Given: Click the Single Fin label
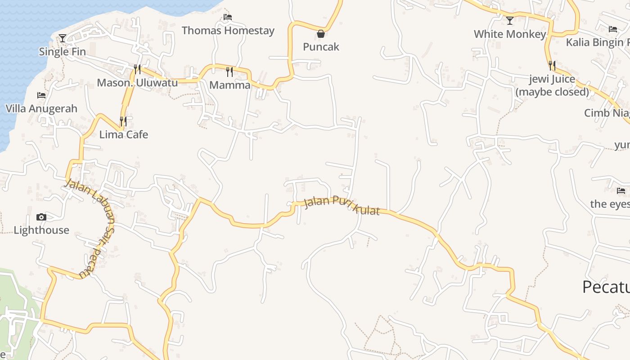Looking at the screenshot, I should coord(62,52).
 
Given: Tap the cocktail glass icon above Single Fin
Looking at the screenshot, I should coord(63,38).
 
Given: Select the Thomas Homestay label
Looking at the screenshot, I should coord(228,31).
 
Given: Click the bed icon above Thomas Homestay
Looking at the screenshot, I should coord(228,17).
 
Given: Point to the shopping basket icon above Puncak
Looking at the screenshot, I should coord(321,34).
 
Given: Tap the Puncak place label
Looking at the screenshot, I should coord(321,47).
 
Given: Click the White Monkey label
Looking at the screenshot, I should coord(510,34).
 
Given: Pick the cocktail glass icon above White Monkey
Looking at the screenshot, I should coord(510,21).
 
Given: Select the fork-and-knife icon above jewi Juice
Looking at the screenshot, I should coord(552,66).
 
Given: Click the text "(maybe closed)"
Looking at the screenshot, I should coord(552,92).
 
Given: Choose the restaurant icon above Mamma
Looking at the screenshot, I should coord(229,72).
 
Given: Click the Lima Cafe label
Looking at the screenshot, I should coord(123,135).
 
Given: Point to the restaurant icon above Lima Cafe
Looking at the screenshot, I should coord(123,121).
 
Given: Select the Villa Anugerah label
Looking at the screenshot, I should coord(41,108).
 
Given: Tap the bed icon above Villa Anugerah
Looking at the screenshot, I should coord(41,95).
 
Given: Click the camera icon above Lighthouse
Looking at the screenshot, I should coord(41,217).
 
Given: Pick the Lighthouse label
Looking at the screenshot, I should coord(41,230).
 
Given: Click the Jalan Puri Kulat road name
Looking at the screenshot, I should coord(342,205).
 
